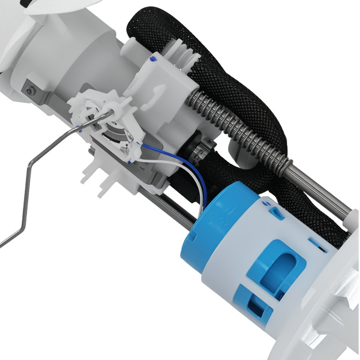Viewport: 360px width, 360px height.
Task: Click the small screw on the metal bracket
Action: coord(29,90)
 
